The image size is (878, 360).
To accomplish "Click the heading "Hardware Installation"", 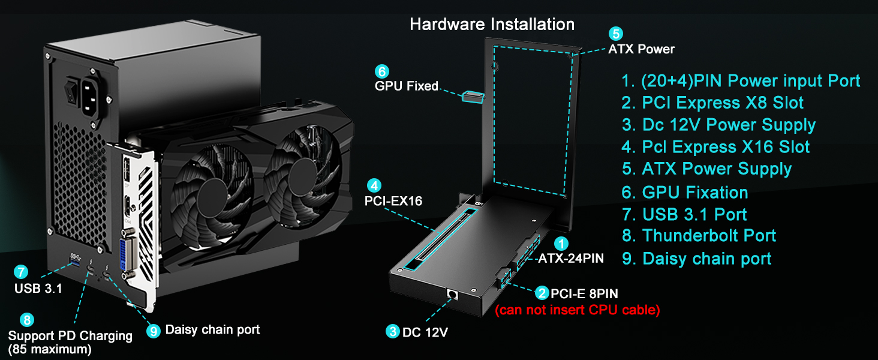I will tap(492, 25).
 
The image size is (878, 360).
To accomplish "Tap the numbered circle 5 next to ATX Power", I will tap(615, 34).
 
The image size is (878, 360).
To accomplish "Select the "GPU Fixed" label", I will tap(406, 86).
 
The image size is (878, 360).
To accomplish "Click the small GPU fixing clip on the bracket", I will tap(473, 97).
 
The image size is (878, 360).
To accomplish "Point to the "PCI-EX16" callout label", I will tap(393, 201).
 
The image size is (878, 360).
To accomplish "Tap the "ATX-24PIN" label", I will tap(570, 259).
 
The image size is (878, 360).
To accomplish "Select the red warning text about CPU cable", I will tap(577, 310).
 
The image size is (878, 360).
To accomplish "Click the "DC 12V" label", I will tap(425, 331).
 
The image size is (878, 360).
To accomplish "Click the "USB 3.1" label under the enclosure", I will tap(38, 289).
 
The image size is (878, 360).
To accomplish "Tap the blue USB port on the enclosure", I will tap(75, 259).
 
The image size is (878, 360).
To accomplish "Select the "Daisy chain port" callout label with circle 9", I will tap(212, 329).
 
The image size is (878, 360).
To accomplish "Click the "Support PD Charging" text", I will tap(70, 335).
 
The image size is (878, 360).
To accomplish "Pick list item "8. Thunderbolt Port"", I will tap(699, 236).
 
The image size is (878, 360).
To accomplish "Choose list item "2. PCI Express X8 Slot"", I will tap(712, 103).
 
